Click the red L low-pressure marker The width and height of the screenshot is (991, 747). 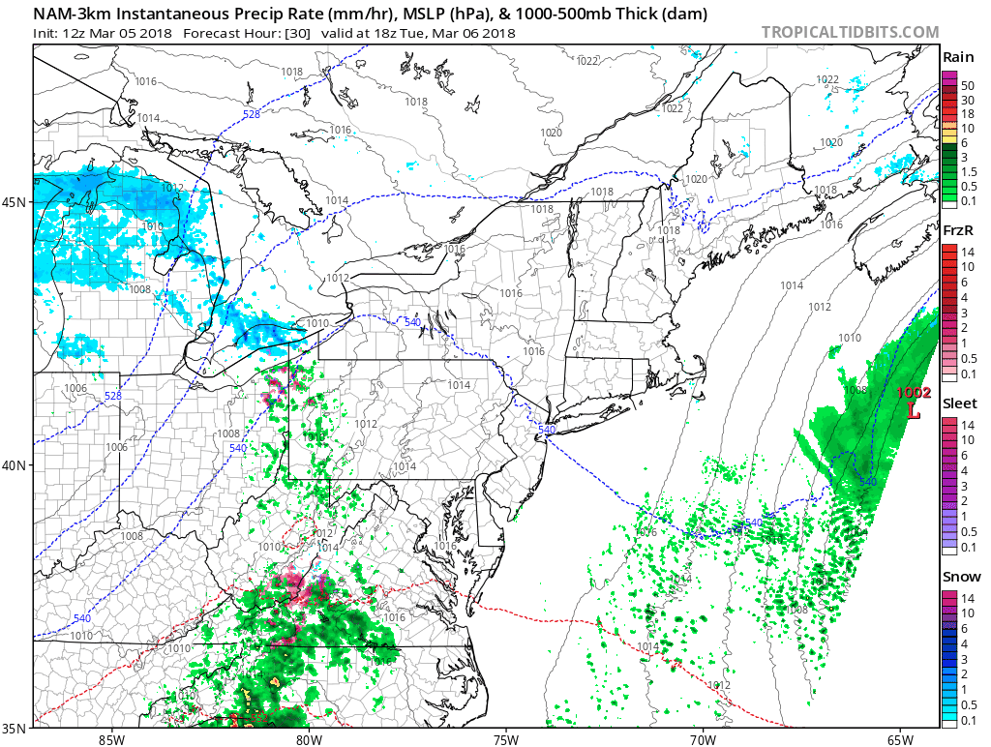point(914,410)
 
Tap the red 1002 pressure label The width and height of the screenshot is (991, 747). point(913,393)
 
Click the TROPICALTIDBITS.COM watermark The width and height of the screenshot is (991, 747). point(850,32)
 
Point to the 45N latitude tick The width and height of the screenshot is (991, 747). point(19,202)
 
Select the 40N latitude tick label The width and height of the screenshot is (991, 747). point(19,465)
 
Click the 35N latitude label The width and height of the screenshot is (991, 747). point(19,728)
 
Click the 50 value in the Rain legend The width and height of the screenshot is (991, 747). point(967,86)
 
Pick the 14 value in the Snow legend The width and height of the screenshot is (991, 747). point(967,599)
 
